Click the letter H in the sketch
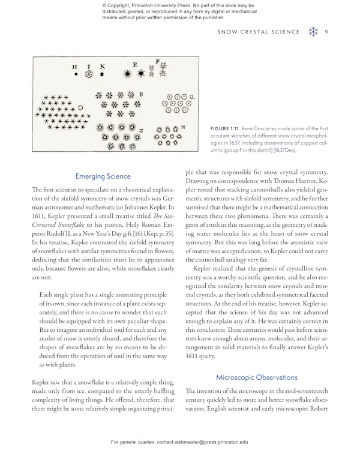coord(75,67)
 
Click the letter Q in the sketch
coord(192,97)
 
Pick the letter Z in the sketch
coord(140,130)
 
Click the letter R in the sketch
coord(141,94)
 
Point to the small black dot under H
coord(76,75)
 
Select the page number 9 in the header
coord(326,32)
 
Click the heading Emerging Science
coord(103,176)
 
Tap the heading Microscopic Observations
coord(256,377)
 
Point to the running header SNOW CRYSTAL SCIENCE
coord(258,32)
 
